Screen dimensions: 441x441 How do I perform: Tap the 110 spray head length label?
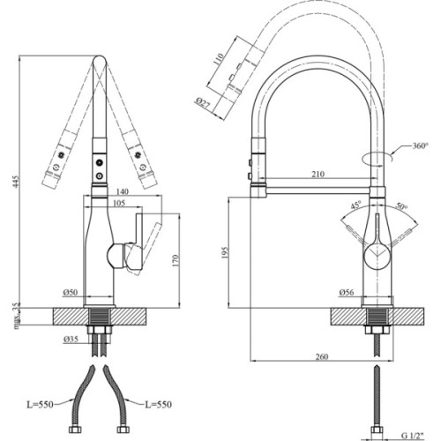tap(217, 63)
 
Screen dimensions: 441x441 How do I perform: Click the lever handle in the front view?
tap(134, 250)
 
